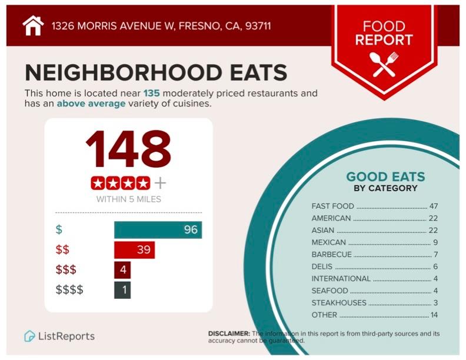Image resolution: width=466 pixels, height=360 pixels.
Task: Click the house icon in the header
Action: tap(33, 26)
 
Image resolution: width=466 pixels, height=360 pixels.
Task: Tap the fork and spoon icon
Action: tap(384, 64)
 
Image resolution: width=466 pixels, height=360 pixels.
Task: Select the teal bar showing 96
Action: tap(158, 229)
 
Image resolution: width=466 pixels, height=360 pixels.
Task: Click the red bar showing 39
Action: tap(134, 249)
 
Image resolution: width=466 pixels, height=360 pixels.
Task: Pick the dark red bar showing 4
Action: tap(122, 270)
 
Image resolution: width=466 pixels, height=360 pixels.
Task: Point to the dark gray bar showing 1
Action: tap(122, 290)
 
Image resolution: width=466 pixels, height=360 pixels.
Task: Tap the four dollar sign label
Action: tap(69, 290)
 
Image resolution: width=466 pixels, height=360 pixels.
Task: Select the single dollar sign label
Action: tap(58, 229)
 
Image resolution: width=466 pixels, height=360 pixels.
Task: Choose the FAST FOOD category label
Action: tap(332, 206)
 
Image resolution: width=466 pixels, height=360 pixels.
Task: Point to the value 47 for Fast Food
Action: tap(434, 206)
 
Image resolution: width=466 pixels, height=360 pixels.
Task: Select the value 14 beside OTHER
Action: tap(434, 315)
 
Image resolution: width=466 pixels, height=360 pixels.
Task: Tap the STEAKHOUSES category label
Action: tap(339, 303)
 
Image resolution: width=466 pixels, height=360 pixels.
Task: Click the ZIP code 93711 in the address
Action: tap(257, 26)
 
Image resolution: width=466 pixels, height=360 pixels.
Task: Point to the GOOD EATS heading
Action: tap(385, 176)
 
